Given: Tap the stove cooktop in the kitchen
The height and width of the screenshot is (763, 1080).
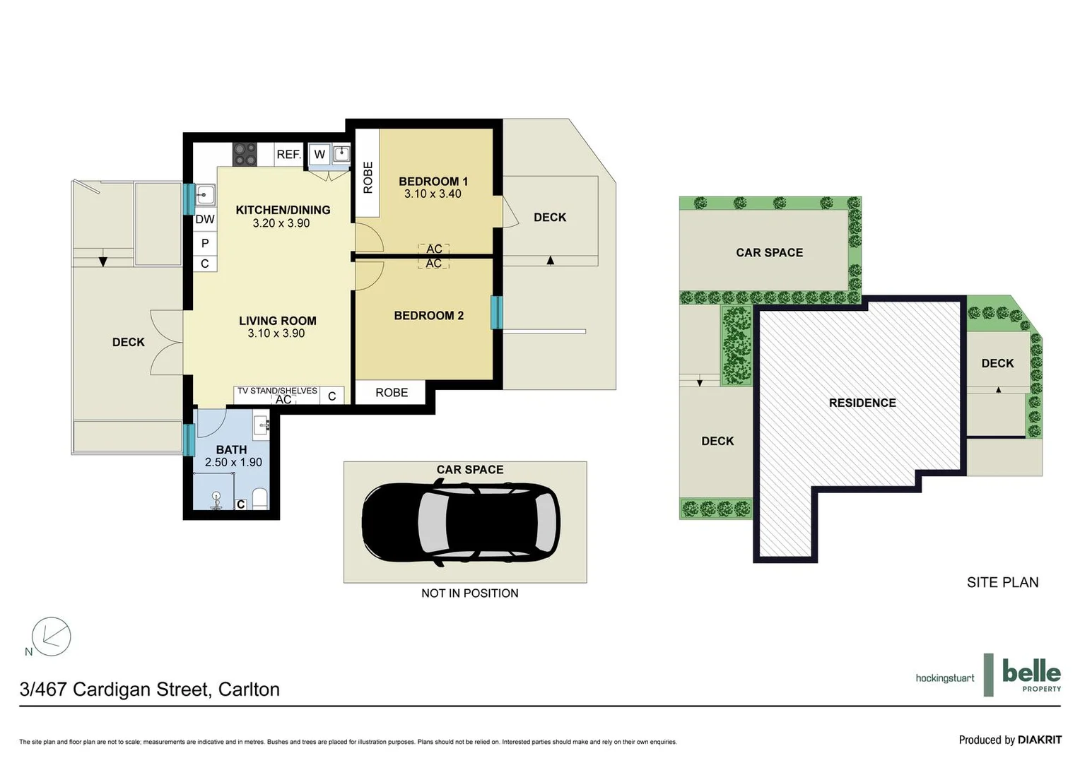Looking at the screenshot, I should [x=245, y=154].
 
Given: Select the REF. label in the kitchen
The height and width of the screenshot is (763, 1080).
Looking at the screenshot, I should [x=288, y=154].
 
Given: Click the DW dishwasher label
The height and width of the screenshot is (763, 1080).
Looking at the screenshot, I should [x=205, y=219].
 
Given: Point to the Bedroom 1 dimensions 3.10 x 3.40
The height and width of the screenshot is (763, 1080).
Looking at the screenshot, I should [x=433, y=194].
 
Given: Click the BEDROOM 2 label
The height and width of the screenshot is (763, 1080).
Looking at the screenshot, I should [x=428, y=316].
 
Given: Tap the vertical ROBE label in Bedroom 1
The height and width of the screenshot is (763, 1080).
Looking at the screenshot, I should [x=368, y=177].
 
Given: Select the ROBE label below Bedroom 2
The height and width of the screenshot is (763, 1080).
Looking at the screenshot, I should [x=392, y=393].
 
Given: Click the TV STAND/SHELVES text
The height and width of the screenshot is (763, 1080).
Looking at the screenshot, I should [x=277, y=391].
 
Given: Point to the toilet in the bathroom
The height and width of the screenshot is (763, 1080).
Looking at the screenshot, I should [x=259, y=498].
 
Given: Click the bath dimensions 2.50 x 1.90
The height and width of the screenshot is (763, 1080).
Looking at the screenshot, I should [x=233, y=462].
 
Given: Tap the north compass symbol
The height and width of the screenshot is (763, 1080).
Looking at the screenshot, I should [x=51, y=637].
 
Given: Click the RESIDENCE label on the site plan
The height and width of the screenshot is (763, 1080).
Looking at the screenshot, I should [x=862, y=403].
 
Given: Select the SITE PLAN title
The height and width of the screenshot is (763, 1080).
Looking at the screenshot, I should [x=1002, y=582].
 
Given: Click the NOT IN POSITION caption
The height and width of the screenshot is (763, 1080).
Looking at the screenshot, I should [x=469, y=593].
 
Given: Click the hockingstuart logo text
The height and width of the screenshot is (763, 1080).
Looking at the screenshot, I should [x=944, y=678].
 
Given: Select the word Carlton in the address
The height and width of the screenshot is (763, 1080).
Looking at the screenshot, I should [x=249, y=690].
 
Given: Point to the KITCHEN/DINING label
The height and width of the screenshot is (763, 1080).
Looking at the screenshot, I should [x=283, y=210].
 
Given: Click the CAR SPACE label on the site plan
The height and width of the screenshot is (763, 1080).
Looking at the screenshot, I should [x=769, y=253].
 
